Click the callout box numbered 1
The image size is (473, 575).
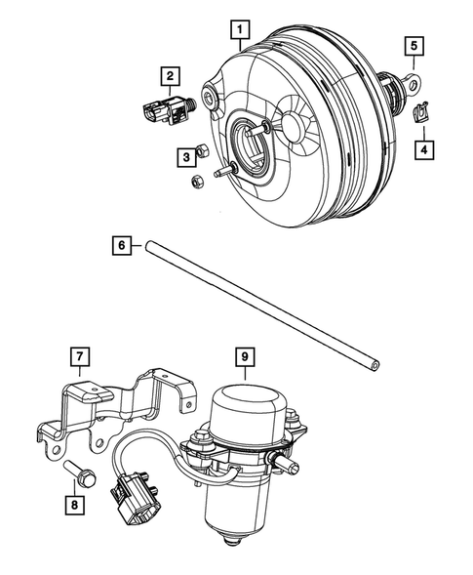(x=238, y=30)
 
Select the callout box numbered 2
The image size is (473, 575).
(x=170, y=74)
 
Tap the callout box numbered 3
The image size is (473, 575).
(x=184, y=155)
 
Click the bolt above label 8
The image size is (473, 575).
(x=81, y=475)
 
